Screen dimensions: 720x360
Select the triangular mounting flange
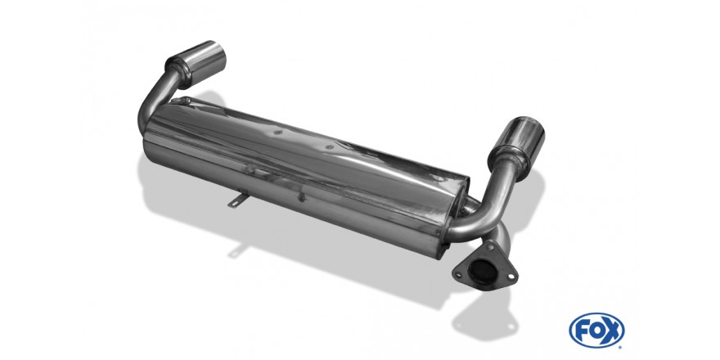484,268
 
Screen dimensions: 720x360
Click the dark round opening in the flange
482,272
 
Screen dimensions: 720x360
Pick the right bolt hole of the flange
511,277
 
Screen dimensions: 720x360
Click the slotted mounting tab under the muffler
238,200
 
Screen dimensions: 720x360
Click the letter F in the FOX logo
582,331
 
